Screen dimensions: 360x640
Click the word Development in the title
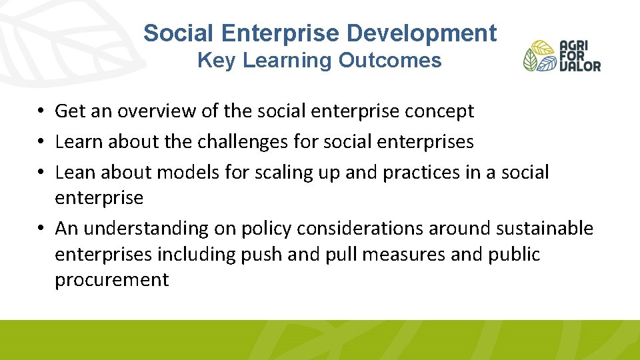(430, 33)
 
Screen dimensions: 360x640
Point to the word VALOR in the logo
(580, 66)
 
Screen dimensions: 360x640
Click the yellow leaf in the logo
(542, 48)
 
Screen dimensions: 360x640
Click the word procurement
(112, 280)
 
